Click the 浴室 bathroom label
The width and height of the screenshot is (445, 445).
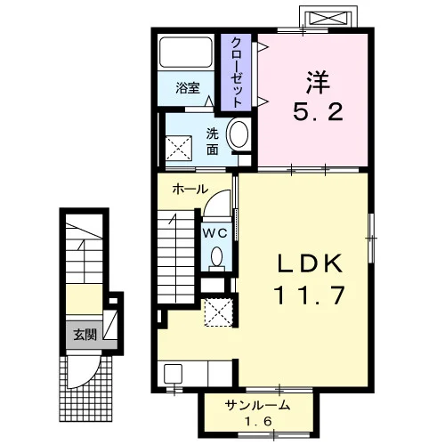click(188, 88)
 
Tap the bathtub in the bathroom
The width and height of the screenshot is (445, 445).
click(186, 53)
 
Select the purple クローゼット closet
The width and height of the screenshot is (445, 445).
click(236, 72)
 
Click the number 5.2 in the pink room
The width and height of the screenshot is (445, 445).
click(319, 112)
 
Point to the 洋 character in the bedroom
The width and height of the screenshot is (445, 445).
click(319, 82)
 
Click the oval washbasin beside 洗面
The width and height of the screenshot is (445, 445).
click(239, 134)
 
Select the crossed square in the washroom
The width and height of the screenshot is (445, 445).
click(179, 148)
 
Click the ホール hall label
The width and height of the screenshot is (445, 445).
click(190, 189)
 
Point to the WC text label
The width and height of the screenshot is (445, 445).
click(215, 233)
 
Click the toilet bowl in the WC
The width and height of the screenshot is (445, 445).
click(217, 257)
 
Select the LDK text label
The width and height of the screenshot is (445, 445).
click(310, 264)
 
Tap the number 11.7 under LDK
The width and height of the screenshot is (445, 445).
click(310, 295)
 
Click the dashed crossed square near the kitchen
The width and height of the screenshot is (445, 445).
click(219, 312)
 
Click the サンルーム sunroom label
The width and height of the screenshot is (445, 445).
click(257, 405)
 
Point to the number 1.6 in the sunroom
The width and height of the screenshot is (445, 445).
click(258, 421)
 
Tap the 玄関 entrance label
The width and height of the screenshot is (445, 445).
click(85, 335)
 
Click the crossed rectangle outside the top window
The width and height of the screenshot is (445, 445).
click(328, 17)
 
